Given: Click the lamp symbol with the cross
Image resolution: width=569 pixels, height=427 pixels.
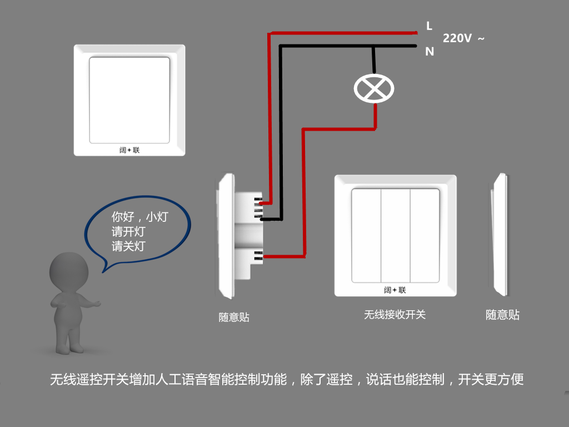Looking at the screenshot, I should [x=373, y=88].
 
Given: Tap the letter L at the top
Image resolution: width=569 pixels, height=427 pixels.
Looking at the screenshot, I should [x=429, y=26].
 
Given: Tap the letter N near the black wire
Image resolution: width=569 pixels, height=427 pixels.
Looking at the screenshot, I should [x=430, y=52].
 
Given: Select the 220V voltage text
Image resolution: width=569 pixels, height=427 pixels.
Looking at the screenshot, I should [x=457, y=38].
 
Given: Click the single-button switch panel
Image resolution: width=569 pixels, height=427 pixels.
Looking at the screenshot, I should [x=129, y=100].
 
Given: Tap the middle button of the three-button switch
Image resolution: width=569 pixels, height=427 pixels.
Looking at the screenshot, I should [x=395, y=235].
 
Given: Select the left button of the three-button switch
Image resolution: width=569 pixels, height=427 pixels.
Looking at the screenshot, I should [x=366, y=235].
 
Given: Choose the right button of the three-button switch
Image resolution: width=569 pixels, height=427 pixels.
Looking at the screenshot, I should [x=425, y=235].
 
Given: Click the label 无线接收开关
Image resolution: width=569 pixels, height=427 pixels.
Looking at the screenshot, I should [x=395, y=315].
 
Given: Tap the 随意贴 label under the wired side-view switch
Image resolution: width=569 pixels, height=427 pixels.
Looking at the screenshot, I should [x=234, y=317].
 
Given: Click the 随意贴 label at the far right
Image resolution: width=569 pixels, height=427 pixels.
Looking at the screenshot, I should [x=502, y=315].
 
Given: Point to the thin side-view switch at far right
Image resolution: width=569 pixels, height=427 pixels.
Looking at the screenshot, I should [x=501, y=235].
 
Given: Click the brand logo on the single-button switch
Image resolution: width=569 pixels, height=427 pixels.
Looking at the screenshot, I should [x=129, y=150].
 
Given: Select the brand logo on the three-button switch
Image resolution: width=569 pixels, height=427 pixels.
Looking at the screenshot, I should [x=395, y=290].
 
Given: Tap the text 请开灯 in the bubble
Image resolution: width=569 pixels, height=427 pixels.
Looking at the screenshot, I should [x=128, y=232].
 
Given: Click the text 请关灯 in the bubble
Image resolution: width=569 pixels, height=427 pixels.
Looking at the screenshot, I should [x=128, y=246].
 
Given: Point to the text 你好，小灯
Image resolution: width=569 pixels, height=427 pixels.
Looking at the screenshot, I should [x=139, y=217].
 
